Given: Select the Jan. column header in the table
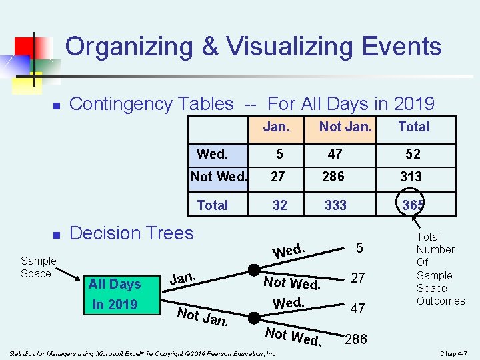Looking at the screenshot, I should pos(276,127).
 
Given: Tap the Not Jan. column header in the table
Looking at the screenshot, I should pos(345,127).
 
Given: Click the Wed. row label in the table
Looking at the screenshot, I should pos(213,154).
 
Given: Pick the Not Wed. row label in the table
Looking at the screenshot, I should pos(219,177).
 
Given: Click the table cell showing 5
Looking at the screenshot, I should pos(280,154).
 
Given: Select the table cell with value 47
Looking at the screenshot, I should pos(335,154).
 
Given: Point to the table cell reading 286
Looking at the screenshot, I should pos(333,177).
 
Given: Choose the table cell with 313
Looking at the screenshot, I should pos(411,177).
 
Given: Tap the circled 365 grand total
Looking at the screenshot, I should pos(413,205).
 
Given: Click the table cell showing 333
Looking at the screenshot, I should pos(335,205).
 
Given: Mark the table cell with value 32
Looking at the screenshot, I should pos(280,205).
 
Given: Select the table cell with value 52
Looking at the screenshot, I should pos(413,154).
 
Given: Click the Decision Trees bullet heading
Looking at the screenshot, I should pos(131,233).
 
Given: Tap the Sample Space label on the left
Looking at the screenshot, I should pos(38,267).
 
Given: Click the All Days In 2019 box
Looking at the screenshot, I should pos(115,294).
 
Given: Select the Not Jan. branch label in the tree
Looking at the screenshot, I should pos(203,318).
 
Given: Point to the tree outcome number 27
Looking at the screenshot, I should pos(358,277).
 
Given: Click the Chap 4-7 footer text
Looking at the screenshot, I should pos(455,353).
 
